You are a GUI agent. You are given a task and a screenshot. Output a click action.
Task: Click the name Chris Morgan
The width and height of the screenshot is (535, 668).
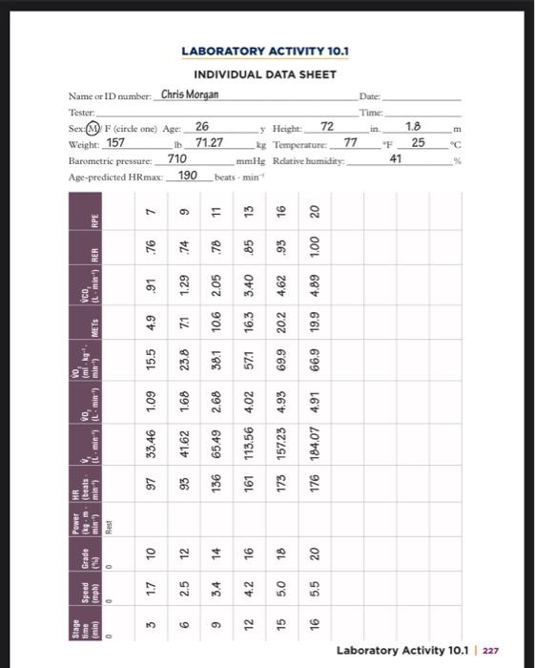190,94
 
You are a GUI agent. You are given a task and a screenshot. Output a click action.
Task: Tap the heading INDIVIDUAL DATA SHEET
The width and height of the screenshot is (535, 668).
265,74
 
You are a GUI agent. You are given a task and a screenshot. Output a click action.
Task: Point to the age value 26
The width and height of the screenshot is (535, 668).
201,126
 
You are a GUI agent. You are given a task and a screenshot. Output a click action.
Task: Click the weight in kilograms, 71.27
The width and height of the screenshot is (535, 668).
210,142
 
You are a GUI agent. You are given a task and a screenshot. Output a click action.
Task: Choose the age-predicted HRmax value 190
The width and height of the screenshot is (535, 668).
188,175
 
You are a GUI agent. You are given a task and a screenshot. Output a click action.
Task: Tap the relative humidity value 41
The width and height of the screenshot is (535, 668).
395,158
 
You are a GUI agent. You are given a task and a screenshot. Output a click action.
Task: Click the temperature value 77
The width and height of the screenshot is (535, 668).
350,142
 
